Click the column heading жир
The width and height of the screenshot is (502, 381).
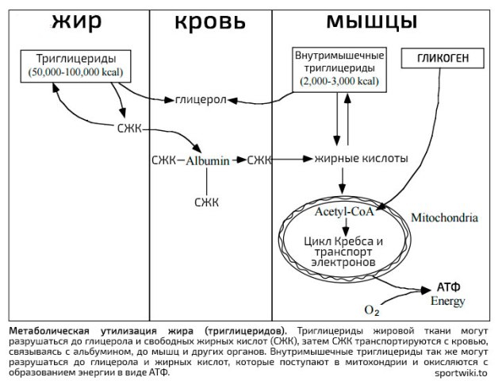[77, 21]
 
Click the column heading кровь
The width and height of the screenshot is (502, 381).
[210, 22]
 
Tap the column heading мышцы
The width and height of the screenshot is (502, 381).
[372, 21]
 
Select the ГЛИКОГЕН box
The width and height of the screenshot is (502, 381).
[443, 58]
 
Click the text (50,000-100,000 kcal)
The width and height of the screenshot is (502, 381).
[76, 72]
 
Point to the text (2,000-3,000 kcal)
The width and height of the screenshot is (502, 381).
[339, 81]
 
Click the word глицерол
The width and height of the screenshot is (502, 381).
[201, 100]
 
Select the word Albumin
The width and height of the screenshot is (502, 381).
[208, 160]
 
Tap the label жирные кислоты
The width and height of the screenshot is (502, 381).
[361, 158]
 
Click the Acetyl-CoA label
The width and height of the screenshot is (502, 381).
[344, 211]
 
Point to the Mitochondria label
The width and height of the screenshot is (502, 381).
[444, 217]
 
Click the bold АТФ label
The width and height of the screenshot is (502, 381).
[449, 287]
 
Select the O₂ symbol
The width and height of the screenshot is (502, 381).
[372, 310]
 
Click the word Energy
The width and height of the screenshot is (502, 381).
[447, 301]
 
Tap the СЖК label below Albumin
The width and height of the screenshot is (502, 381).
[206, 202]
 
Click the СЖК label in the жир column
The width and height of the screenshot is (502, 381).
[129, 129]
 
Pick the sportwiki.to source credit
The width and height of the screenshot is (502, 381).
[461, 373]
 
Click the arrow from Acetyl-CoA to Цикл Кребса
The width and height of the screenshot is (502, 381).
[345, 227]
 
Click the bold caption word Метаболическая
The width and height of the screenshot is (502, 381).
[48, 331]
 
